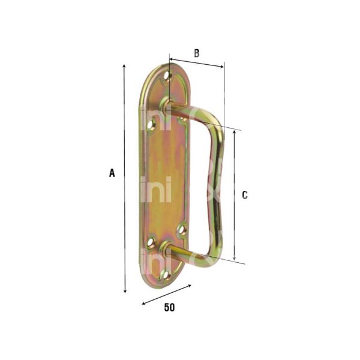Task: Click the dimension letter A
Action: pyautogui.click(x=112, y=173)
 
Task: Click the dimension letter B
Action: pyautogui.click(x=196, y=53)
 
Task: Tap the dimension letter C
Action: pyautogui.click(x=244, y=194)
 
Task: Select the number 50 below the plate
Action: pyautogui.click(x=169, y=308)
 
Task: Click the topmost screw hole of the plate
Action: pyautogui.click(x=168, y=76)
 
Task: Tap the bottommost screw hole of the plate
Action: pyautogui.click(x=164, y=275)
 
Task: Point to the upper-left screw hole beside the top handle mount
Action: pyautogui.click(x=151, y=124)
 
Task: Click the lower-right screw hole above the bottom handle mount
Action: pyautogui.click(x=182, y=229)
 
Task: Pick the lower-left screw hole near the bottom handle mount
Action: pyautogui.click(x=151, y=242)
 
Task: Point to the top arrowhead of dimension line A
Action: pyautogui.click(x=125, y=65)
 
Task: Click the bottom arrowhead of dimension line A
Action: pyautogui.click(x=125, y=292)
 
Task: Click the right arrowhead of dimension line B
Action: pyautogui.click(x=222, y=67)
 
